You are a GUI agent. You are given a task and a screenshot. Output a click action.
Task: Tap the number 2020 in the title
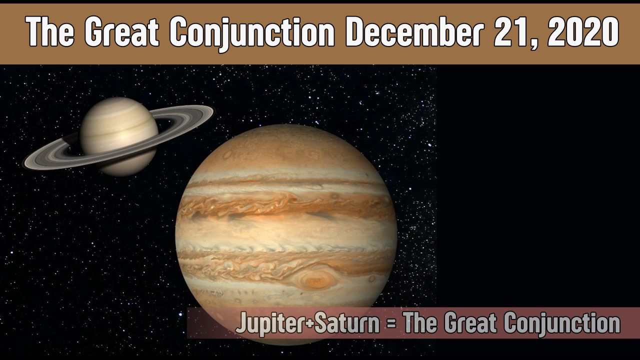pos(583,31)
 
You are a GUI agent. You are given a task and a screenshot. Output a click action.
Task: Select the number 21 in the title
pos(513,31)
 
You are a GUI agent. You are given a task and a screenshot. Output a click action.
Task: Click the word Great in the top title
pos(121,31)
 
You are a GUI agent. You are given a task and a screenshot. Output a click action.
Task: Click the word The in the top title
pos(50,31)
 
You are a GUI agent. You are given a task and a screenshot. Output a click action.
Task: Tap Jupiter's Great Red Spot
pos(315,278)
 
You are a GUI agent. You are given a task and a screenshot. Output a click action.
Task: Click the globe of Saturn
pos(119,136)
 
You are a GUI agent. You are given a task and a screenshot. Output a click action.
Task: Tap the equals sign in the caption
pos(391,323)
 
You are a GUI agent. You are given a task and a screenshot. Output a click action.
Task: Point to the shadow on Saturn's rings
pos(70,143)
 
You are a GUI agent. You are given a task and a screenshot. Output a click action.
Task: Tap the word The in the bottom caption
pos(420,323)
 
